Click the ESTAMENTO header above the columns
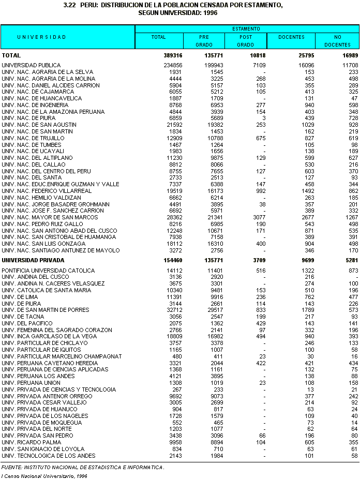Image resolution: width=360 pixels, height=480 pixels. click(x=246, y=29)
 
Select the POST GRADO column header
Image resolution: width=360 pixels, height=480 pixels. click(x=245, y=41)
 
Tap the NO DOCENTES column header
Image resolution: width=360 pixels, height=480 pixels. click(x=337, y=41)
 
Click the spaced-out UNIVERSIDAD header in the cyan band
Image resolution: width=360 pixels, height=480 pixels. click(x=41, y=37)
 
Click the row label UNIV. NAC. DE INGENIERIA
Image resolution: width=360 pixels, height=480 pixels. click(x=42, y=105)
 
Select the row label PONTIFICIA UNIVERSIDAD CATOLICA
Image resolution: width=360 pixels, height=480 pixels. click(x=48, y=271)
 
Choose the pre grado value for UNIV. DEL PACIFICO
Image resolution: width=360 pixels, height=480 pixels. click(x=213, y=323)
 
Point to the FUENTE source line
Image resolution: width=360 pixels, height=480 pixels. click(x=83, y=468)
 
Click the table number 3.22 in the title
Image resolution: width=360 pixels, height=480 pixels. click(x=69, y=5)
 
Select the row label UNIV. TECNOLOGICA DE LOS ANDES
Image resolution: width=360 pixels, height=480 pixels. click(x=49, y=456)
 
